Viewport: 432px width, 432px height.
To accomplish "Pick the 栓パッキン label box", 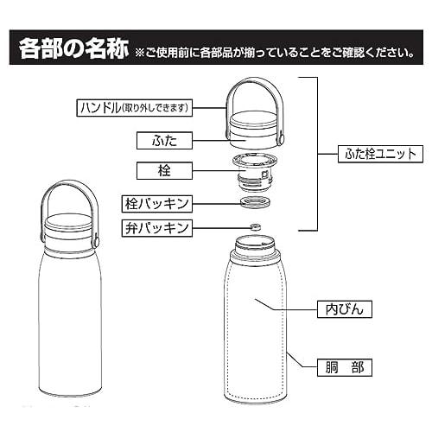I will (x=156, y=204).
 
